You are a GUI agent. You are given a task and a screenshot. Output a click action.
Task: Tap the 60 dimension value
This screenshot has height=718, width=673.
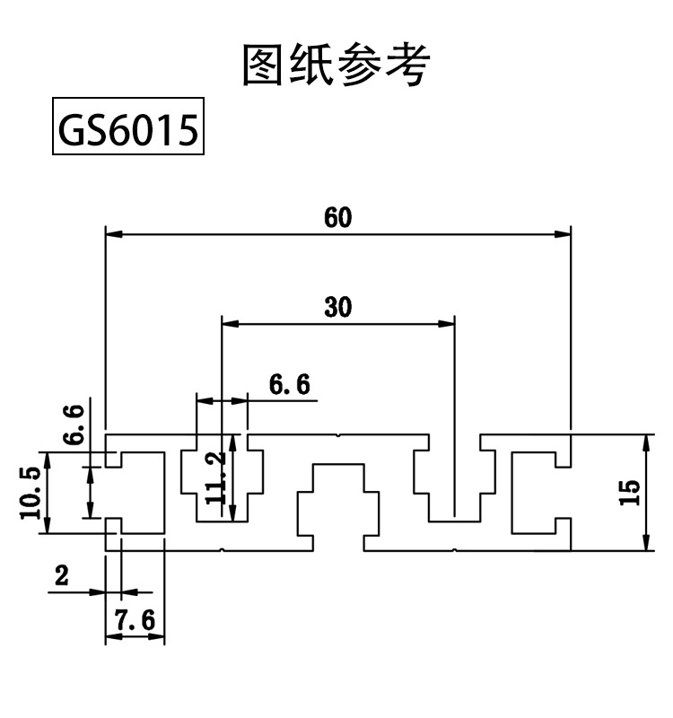pos(338,218)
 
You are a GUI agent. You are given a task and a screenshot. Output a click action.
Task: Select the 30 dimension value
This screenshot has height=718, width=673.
pos(337,308)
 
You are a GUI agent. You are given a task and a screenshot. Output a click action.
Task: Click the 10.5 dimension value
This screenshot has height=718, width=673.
pos(30,493)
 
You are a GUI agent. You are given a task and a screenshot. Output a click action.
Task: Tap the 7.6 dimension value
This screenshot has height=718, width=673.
pos(135,619)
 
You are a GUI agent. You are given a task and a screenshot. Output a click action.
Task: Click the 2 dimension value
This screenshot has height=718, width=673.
pos(62,576)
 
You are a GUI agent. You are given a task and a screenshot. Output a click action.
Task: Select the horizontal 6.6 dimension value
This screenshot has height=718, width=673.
pos(289,385)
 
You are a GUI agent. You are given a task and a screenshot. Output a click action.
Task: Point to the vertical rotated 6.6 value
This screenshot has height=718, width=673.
pos(76,424)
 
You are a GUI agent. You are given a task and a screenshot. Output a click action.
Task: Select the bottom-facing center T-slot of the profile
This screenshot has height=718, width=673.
pos(337,503)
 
